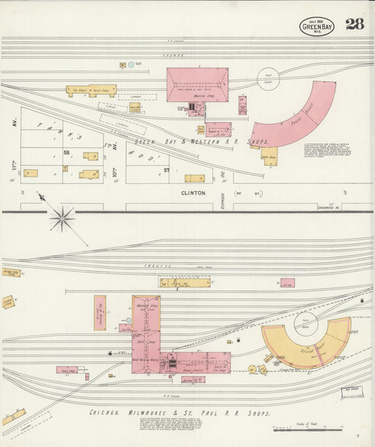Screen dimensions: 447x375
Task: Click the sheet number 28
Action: [355, 25]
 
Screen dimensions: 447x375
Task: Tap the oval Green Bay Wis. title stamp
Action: [317, 27]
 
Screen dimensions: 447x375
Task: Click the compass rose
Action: [63, 219]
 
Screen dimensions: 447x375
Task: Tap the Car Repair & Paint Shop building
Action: [91, 91]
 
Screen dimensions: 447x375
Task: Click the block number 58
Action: [67, 153]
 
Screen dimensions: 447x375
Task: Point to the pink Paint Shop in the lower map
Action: [68, 370]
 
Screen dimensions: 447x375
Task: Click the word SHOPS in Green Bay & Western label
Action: [257, 141]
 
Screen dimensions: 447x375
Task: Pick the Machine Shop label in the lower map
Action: [146, 304]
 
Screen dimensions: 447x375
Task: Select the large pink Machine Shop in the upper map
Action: [197, 84]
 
